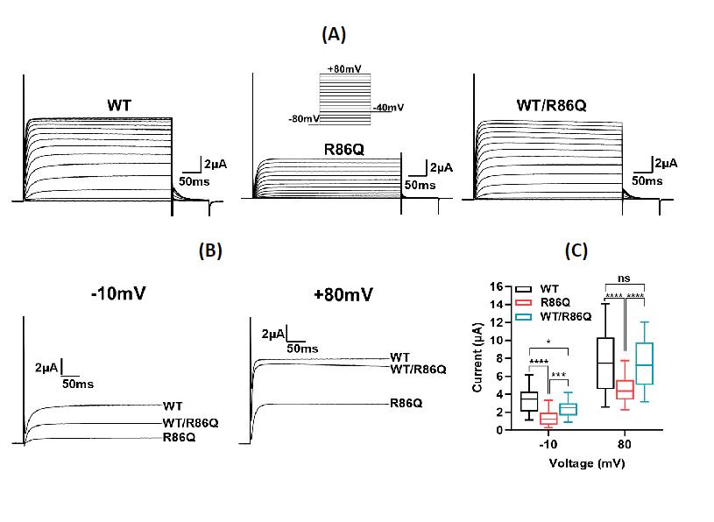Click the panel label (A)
coord(335,35)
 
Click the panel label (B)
coord(210,250)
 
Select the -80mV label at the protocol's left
coord(303,118)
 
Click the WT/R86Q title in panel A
coord(551,106)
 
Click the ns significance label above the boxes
coord(624,279)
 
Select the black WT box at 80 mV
coord(604,362)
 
